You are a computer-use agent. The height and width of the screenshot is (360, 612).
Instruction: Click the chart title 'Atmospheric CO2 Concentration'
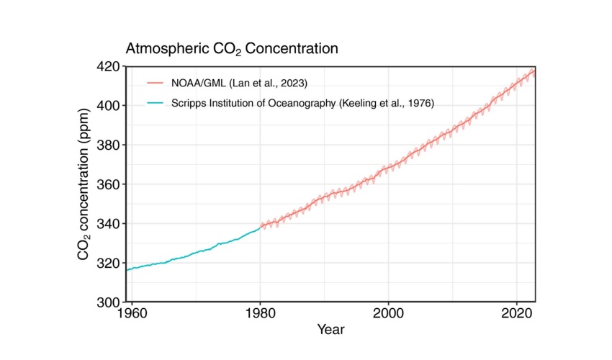click(x=232, y=50)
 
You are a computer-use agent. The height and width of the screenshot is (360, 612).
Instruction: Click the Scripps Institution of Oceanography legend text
click(x=303, y=104)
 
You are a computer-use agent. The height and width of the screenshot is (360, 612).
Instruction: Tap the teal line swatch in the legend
click(x=154, y=104)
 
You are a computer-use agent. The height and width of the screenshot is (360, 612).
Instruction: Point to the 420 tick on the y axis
click(x=109, y=66)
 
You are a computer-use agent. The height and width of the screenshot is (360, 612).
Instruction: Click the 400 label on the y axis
click(x=109, y=106)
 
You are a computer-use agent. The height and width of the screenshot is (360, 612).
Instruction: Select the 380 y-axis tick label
click(x=109, y=145)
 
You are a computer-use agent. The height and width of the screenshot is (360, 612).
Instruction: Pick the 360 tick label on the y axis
click(x=109, y=184)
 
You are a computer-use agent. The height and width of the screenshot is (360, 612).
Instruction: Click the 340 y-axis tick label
click(x=109, y=224)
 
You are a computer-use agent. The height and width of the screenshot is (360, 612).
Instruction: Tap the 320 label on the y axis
click(x=109, y=263)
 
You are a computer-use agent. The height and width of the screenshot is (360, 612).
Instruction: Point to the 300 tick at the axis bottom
click(x=109, y=302)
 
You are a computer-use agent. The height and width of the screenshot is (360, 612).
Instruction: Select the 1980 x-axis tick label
click(x=260, y=315)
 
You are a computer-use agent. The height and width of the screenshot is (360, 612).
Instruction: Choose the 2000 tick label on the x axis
click(x=388, y=315)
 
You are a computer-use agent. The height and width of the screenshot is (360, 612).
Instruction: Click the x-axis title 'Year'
click(x=330, y=330)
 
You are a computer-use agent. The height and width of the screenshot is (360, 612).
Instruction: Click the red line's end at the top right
click(x=534, y=71)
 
